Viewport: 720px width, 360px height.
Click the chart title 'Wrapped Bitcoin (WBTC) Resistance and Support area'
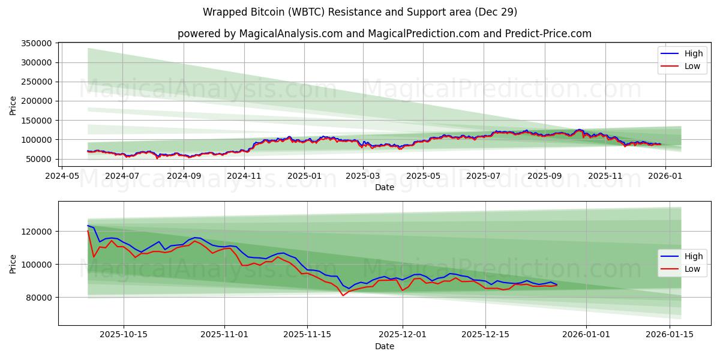click(x=360, y=12)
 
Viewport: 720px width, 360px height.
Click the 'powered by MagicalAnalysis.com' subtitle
click(x=384, y=34)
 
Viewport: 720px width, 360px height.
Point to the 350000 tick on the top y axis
click(x=36, y=43)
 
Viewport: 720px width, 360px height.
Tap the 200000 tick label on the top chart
click(x=36, y=101)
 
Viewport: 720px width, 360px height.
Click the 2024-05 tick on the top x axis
click(x=63, y=176)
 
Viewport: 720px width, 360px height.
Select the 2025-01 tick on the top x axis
click(x=304, y=176)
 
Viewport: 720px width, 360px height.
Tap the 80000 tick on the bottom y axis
click(x=38, y=298)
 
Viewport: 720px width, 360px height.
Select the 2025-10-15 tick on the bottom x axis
click(x=124, y=335)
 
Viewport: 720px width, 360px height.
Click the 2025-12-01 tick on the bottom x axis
click(x=402, y=335)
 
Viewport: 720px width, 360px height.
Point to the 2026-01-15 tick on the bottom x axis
click(x=669, y=335)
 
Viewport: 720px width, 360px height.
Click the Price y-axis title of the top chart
click(x=13, y=105)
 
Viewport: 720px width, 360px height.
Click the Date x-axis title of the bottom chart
click(x=384, y=346)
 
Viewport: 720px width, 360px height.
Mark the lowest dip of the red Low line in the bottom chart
click(x=343, y=295)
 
